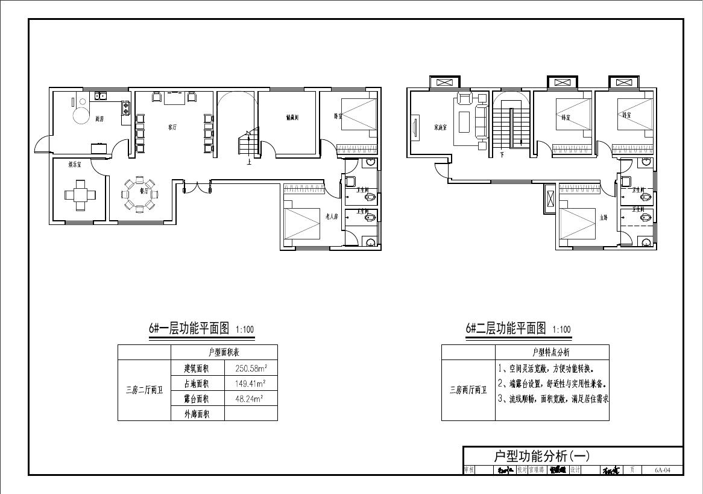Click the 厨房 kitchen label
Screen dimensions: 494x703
99,119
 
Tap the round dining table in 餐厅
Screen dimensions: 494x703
139,194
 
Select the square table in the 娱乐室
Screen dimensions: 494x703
80,195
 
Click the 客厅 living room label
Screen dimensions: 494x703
172,127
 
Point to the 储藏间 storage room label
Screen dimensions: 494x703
292,118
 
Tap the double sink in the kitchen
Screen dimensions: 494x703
99,95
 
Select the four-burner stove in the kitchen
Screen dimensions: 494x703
125,109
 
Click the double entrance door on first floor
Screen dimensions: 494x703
197,187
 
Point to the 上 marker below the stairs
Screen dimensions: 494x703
248,162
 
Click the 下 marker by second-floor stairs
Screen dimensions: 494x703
502,155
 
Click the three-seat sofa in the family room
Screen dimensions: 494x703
481,122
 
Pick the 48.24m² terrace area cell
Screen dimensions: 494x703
249,398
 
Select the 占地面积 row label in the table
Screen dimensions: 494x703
197,384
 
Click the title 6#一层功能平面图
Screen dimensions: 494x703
189,328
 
